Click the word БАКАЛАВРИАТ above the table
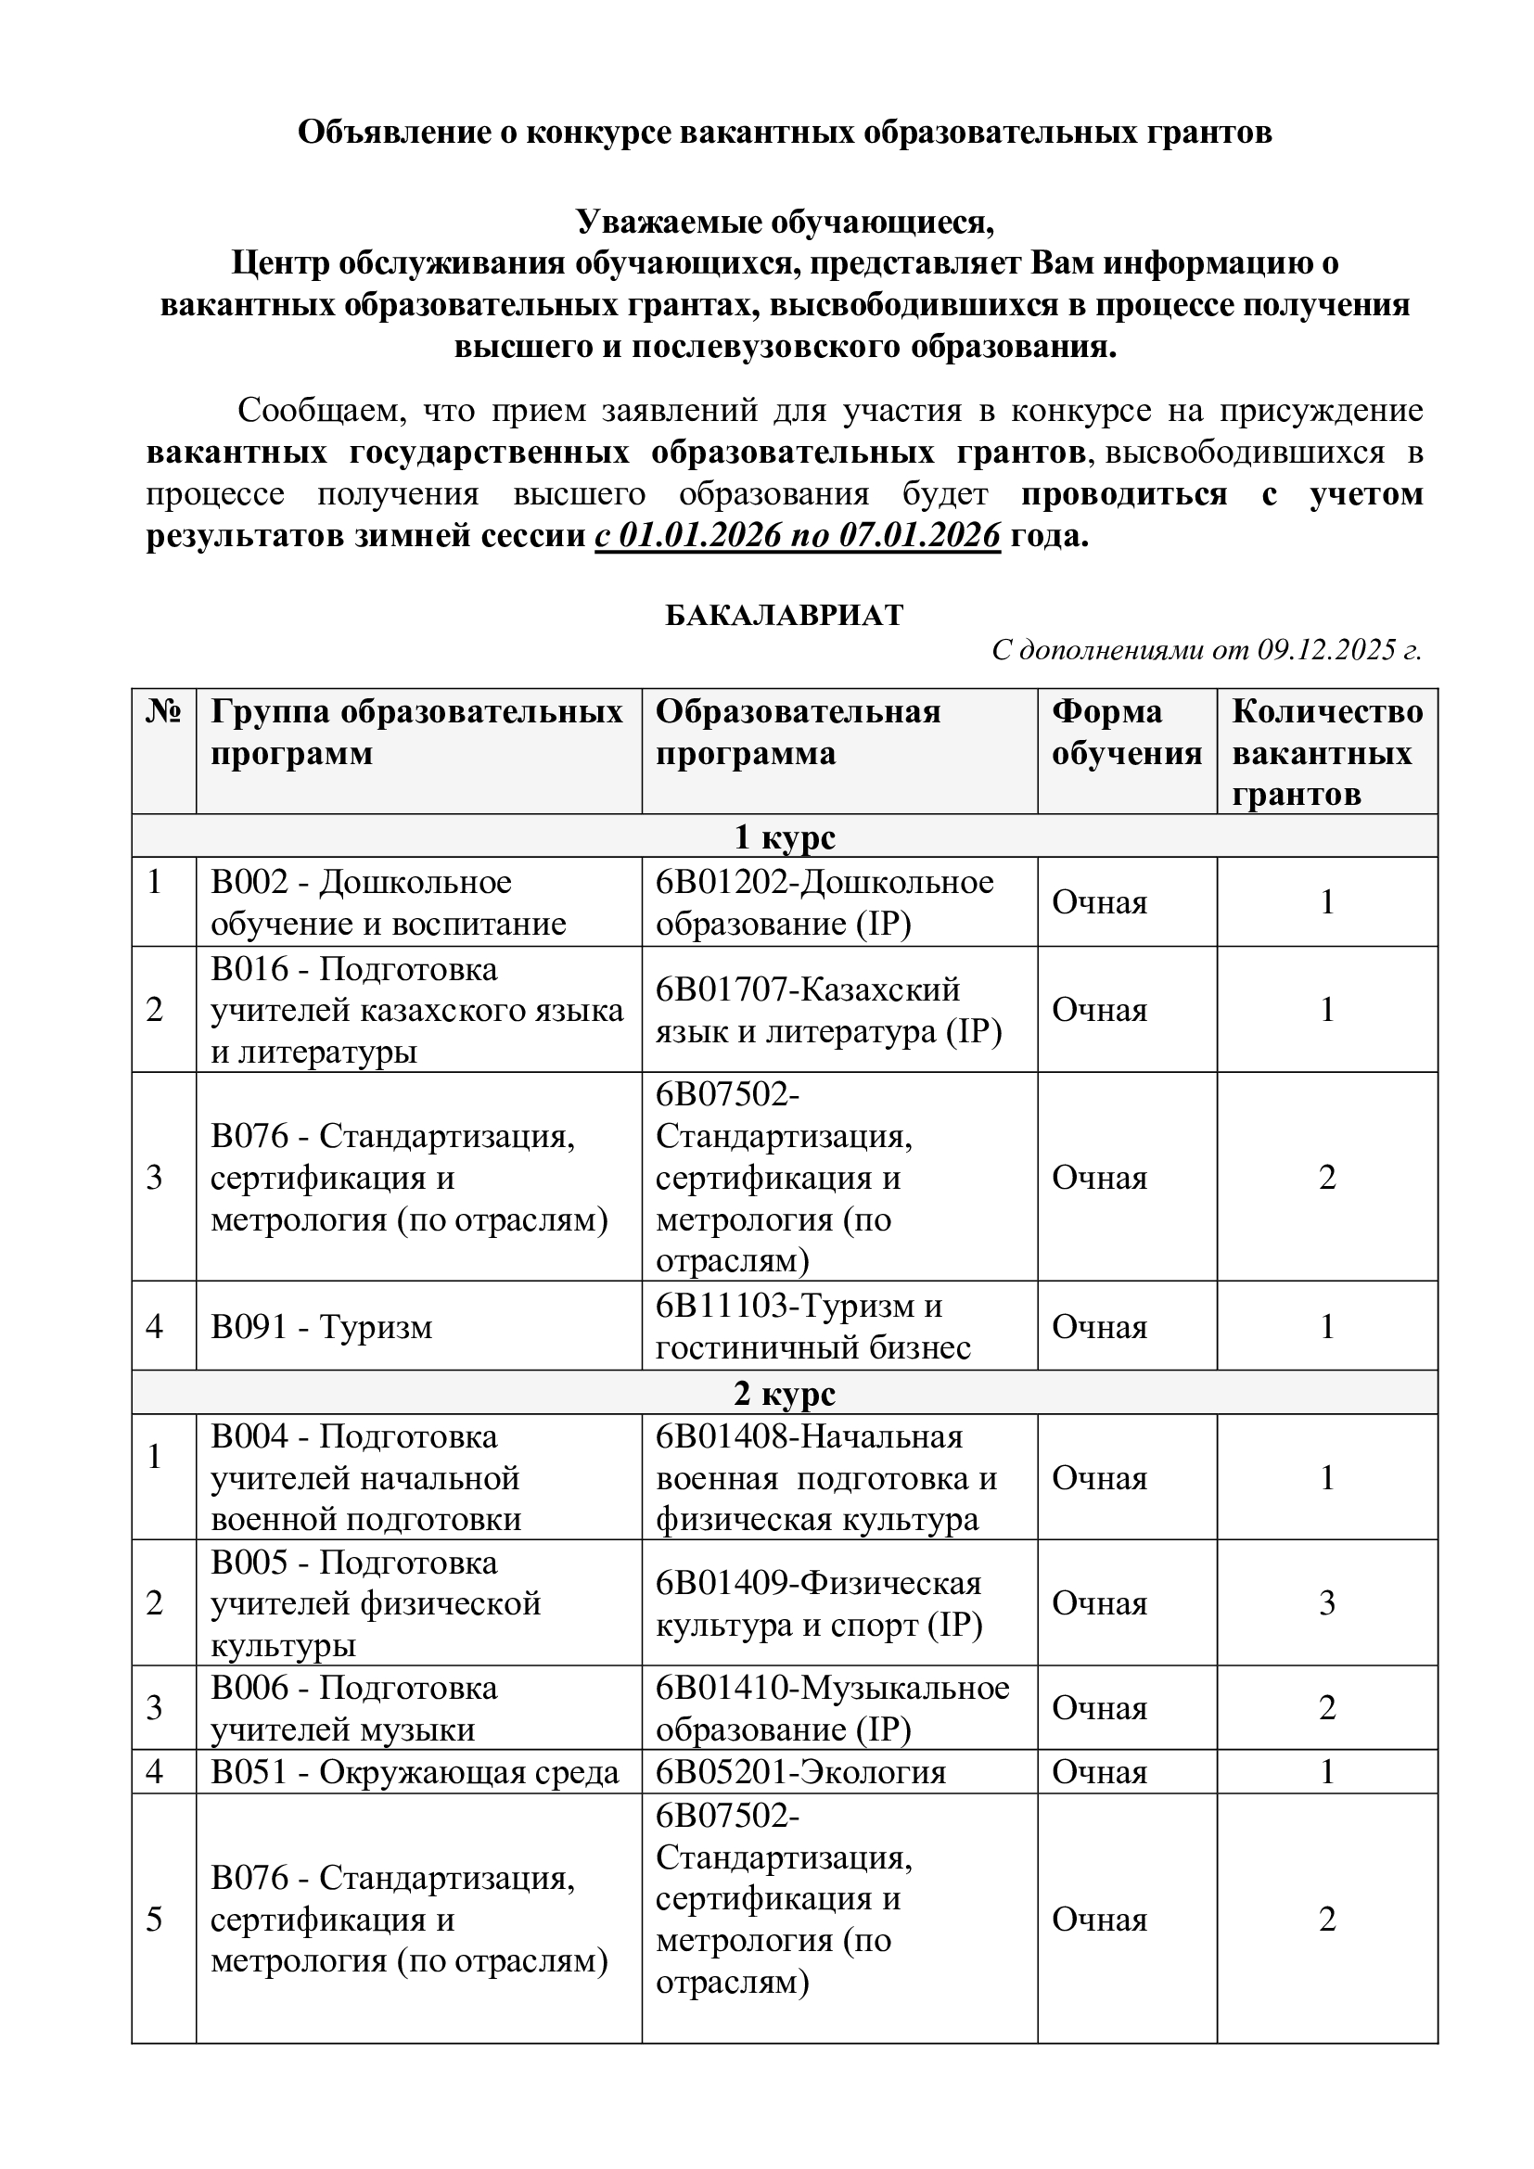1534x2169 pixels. tap(784, 615)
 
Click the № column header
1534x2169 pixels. tap(163, 712)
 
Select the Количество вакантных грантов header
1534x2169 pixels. tap(1326, 752)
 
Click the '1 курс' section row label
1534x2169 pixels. tap(784, 836)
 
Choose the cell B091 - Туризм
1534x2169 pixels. tap(321, 1327)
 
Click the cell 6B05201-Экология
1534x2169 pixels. tap(800, 1772)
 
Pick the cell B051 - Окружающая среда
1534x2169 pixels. tap(415, 1772)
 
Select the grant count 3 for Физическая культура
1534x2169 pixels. tap(1326, 1603)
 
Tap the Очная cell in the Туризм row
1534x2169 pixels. tap(1100, 1327)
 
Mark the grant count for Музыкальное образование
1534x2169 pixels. tap(1326, 1708)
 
